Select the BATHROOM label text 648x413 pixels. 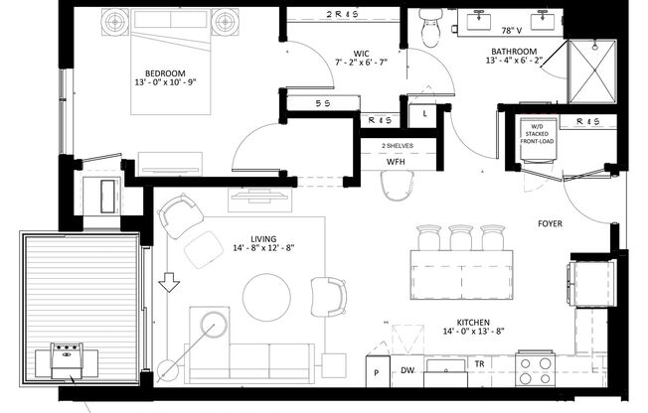512,51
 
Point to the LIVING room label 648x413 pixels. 262,239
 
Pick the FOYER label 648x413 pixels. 551,223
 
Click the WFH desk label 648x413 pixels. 396,161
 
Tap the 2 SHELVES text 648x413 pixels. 397,145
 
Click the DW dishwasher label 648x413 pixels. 406,370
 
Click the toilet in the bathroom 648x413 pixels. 431,27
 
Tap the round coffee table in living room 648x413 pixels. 267,295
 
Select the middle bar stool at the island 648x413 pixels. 460,237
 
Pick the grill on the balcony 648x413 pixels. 67,358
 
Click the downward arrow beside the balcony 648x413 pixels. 169,285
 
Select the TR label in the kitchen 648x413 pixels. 479,364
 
